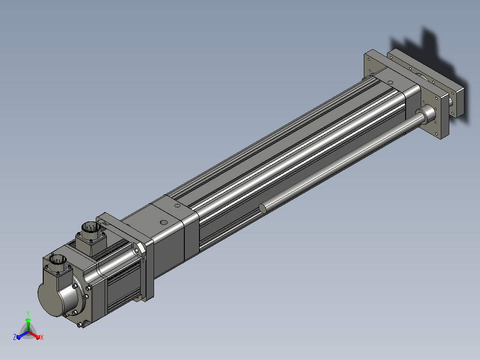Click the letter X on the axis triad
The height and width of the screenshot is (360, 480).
click(x=42, y=337)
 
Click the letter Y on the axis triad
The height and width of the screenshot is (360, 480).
click(x=28, y=313)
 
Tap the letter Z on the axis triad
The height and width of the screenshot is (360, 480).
click(x=14, y=337)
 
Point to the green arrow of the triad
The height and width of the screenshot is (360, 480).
click(x=28, y=324)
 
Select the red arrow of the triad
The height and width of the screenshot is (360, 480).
click(x=34, y=335)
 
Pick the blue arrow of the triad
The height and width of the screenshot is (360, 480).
click(x=22, y=335)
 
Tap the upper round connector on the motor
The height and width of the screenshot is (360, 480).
click(x=91, y=228)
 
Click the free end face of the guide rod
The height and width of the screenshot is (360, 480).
click(x=263, y=209)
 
